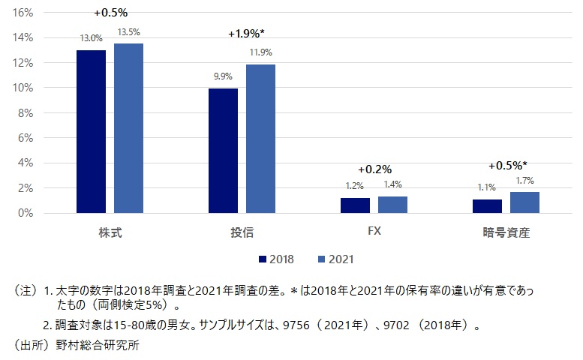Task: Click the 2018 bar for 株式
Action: pyautogui.click(x=91, y=131)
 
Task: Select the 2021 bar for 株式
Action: pyautogui.click(x=128, y=128)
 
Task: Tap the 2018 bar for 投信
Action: pyautogui.click(x=223, y=151)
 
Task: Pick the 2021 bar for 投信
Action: pyautogui.click(x=260, y=139)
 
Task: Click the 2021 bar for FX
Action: pyautogui.click(x=392, y=204)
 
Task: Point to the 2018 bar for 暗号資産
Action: pyautogui.click(x=487, y=205)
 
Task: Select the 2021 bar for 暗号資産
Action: pyautogui.click(x=524, y=202)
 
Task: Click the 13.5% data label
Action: pyautogui.click(x=128, y=32)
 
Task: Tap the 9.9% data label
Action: pyautogui.click(x=223, y=76)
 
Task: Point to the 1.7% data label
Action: pyautogui.click(x=524, y=180)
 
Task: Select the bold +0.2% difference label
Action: pyautogui.click(x=375, y=169)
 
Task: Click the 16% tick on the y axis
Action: pyautogui.click(x=23, y=13)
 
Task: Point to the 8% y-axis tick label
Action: pyautogui.click(x=25, y=112)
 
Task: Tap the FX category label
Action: pyautogui.click(x=374, y=232)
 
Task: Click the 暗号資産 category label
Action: pyautogui.click(x=506, y=232)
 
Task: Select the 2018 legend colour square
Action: pyautogui.click(x=263, y=259)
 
